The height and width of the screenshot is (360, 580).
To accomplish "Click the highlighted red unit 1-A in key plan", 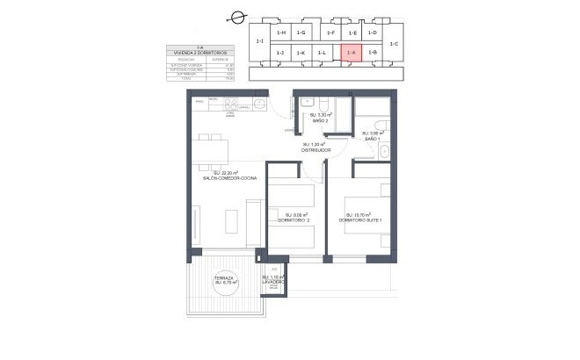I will click(x=351, y=53).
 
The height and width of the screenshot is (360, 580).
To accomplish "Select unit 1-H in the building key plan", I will click(x=281, y=32).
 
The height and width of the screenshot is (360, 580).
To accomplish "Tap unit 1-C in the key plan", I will click(x=394, y=43).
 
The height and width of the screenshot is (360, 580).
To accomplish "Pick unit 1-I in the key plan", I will click(x=258, y=42).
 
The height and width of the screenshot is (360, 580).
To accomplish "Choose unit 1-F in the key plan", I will click(x=330, y=32).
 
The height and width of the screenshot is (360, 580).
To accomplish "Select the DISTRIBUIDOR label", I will click(x=315, y=149).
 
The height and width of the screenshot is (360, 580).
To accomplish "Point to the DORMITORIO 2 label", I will click(x=294, y=217).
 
